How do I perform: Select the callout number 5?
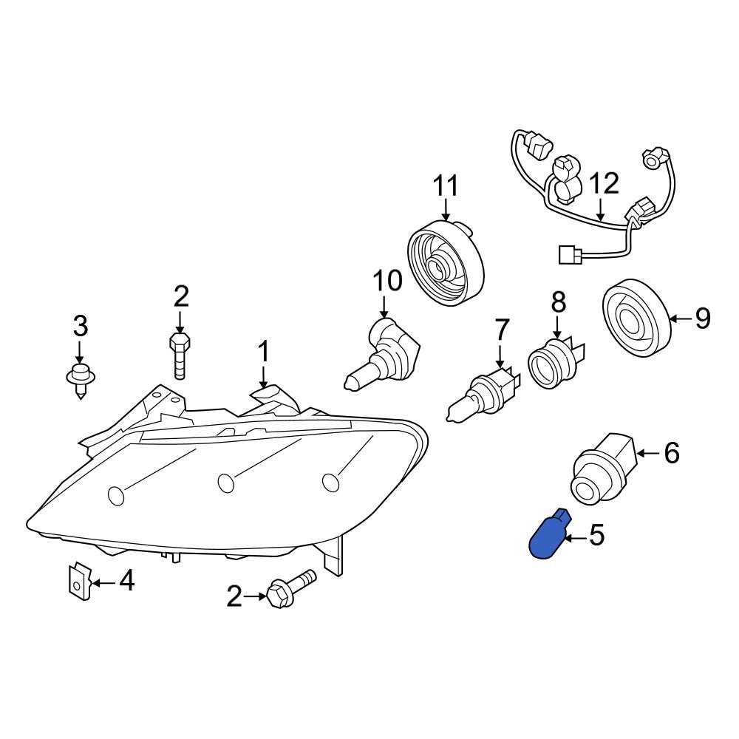coord(596,535)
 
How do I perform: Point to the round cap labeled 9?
coord(636,319)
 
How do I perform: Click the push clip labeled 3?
coord(80,377)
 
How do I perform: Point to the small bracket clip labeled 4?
coord(78,582)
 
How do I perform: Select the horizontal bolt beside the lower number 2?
coord(290,589)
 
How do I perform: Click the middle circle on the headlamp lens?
coord(226,483)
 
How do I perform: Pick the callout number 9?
coord(701,319)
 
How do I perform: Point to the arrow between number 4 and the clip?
coord(103,582)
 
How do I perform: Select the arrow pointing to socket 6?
coord(647,453)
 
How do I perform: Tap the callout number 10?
coord(386,281)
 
